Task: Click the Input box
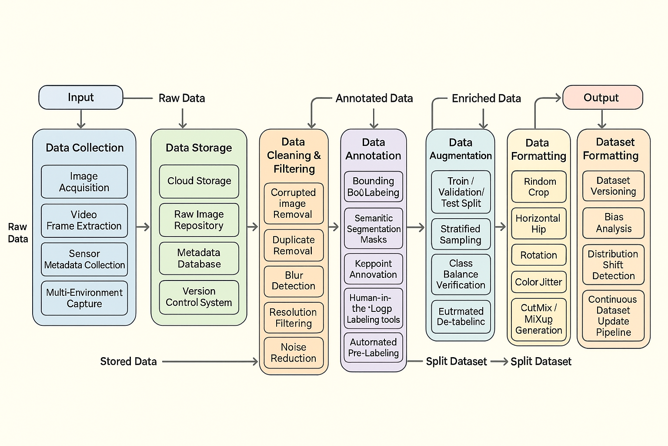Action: pyautogui.click(x=81, y=98)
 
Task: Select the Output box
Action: pyautogui.click(x=602, y=98)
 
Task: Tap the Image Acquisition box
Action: pyautogui.click(x=84, y=182)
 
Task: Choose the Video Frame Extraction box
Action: pyautogui.click(x=84, y=220)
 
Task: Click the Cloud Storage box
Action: pyautogui.click(x=199, y=181)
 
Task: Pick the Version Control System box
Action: pyautogui.click(x=199, y=297)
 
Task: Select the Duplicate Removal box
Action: pyautogui.click(x=294, y=245)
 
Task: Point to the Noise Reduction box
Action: pyautogui.click(x=294, y=353)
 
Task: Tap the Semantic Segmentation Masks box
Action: pyautogui.click(x=374, y=229)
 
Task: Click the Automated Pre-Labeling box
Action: pyautogui.click(x=374, y=348)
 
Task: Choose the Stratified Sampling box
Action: pyautogui.click(x=461, y=234)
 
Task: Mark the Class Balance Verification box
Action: pyautogui.click(x=461, y=274)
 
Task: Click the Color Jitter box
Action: pyautogui.click(x=539, y=282)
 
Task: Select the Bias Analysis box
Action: pyautogui.click(x=614, y=223)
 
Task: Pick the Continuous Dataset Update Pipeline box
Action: pyautogui.click(x=614, y=316)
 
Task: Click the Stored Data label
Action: pyautogui.click(x=128, y=362)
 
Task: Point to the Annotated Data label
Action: pyautogui.click(x=374, y=98)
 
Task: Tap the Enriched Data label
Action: pyautogui.click(x=486, y=98)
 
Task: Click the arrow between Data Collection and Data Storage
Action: pyautogui.click(x=143, y=226)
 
